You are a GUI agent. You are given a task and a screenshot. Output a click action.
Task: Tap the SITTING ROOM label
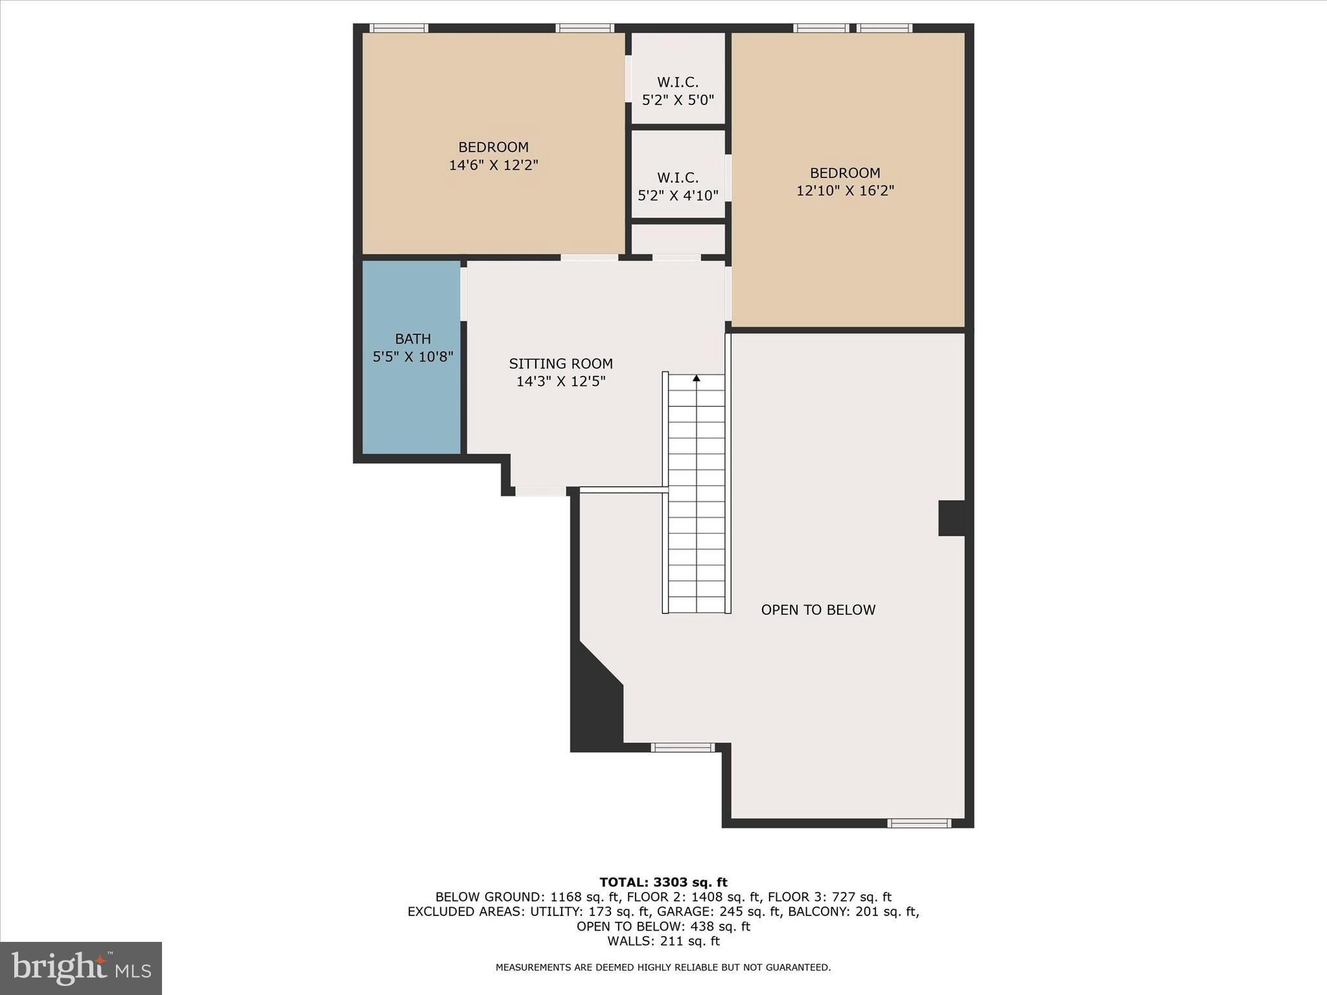pyautogui.click(x=560, y=364)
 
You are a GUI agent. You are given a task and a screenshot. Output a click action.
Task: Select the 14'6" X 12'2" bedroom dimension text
pyautogui.click(x=494, y=165)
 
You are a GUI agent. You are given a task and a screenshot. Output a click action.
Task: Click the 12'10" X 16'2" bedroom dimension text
pyautogui.click(x=845, y=191)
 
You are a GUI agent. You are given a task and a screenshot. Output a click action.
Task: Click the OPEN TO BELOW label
pyautogui.click(x=818, y=610)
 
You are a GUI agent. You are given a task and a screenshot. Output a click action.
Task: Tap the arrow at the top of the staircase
pyautogui.click(x=697, y=378)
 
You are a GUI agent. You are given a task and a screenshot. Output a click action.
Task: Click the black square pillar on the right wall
pyautogui.click(x=951, y=518)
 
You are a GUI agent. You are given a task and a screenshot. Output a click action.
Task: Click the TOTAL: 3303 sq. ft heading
pyautogui.click(x=663, y=882)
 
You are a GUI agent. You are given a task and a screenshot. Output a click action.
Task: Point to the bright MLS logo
pyautogui.click(x=81, y=968)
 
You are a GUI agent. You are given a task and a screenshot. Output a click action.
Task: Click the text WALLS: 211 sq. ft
pyautogui.click(x=663, y=941)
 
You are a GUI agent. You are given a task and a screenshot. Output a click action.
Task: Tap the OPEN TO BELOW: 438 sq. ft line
pyautogui.click(x=663, y=926)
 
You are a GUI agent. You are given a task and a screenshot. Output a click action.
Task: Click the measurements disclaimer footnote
pyautogui.click(x=663, y=967)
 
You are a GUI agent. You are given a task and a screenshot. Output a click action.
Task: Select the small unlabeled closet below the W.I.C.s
pyautogui.click(x=678, y=239)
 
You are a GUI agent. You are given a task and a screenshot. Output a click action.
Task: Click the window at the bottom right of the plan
pyautogui.click(x=919, y=823)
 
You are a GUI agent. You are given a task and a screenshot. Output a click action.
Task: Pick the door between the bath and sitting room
pyautogui.click(x=464, y=293)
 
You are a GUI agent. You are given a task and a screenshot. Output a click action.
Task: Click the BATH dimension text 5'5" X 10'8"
pyautogui.click(x=413, y=356)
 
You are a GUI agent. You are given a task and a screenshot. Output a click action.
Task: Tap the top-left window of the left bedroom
pyautogui.click(x=398, y=28)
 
